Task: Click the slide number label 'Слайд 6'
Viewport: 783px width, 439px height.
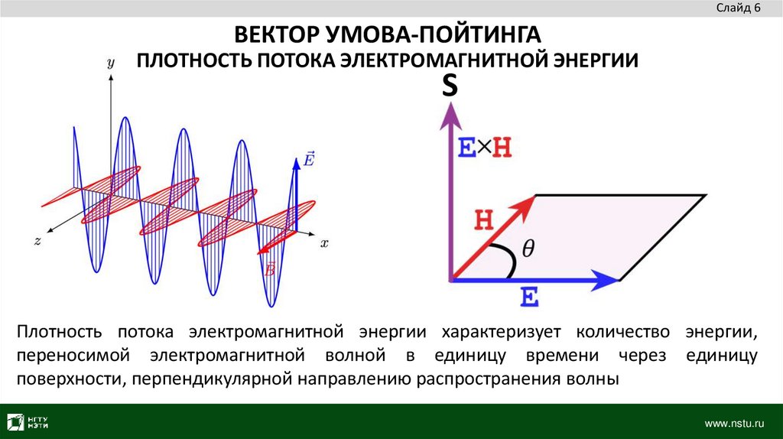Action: (x=738, y=8)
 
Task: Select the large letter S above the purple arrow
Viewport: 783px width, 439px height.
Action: (x=450, y=86)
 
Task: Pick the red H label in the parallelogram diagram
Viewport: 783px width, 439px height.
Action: (x=484, y=220)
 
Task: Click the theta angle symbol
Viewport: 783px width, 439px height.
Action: (x=528, y=249)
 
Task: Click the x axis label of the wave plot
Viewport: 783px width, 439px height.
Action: (x=324, y=243)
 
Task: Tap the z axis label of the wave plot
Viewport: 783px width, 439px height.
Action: (x=37, y=241)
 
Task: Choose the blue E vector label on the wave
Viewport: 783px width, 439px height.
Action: (x=309, y=160)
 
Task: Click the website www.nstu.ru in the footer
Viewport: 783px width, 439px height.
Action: (x=734, y=422)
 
